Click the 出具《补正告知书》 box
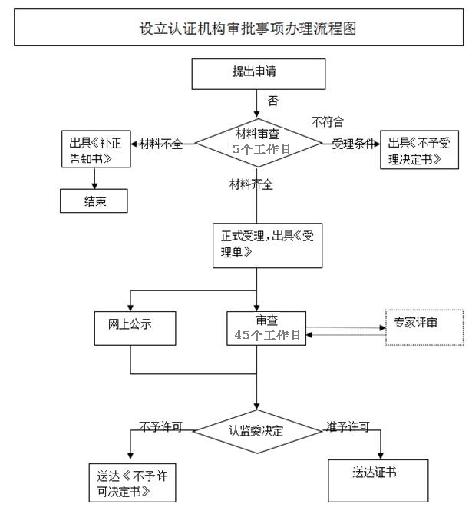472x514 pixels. [x=95, y=151]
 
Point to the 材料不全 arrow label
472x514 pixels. [x=161, y=144]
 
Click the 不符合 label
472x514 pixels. [x=326, y=121]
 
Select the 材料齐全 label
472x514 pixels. [x=252, y=184]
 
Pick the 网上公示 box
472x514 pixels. [x=136, y=328]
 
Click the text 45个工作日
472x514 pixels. [x=266, y=335]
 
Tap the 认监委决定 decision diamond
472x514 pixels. [x=256, y=430]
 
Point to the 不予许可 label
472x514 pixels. [x=160, y=425]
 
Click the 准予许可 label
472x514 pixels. [x=348, y=425]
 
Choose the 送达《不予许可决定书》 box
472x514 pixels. [x=129, y=482]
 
